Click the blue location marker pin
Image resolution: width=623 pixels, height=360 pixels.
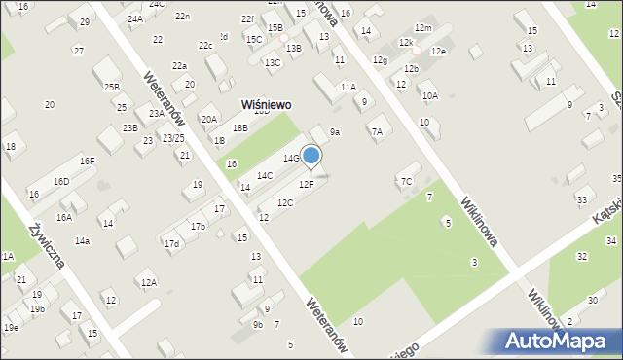pyautogui.click(x=311, y=156)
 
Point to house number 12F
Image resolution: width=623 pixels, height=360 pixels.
pyautogui.click(x=306, y=184)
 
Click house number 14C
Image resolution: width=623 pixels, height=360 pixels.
pyautogui.click(x=264, y=176)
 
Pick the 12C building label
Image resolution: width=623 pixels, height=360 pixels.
pyautogui.click(x=284, y=202)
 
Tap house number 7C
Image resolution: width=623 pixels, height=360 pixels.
pyautogui.click(x=406, y=180)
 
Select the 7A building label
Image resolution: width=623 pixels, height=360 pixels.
pyautogui.click(x=376, y=130)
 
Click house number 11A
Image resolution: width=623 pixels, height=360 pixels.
pyautogui.click(x=348, y=87)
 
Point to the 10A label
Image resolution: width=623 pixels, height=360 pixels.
pyautogui.click(x=429, y=95)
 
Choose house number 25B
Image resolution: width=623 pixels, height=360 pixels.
pyautogui.click(x=112, y=87)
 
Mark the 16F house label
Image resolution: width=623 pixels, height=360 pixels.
pyautogui.click(x=88, y=161)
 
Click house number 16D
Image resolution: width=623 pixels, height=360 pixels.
pyautogui.click(x=61, y=181)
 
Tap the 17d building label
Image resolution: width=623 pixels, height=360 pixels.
pyautogui.click(x=171, y=243)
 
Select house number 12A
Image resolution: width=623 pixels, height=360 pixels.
pyautogui.click(x=148, y=282)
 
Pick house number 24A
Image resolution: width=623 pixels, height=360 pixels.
pyautogui.click(x=134, y=18)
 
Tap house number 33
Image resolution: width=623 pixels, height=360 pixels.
pyautogui.click(x=581, y=199)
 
